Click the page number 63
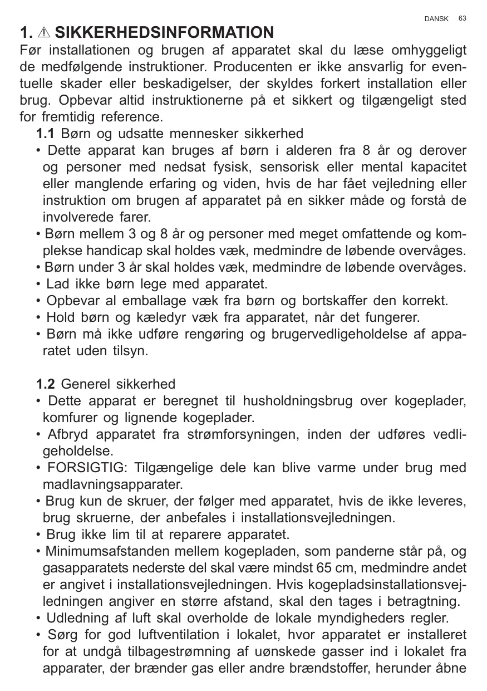463,18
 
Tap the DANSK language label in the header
436,19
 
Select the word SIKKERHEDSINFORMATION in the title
164,32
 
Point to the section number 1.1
45,134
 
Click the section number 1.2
45,384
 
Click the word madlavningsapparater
112,483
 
